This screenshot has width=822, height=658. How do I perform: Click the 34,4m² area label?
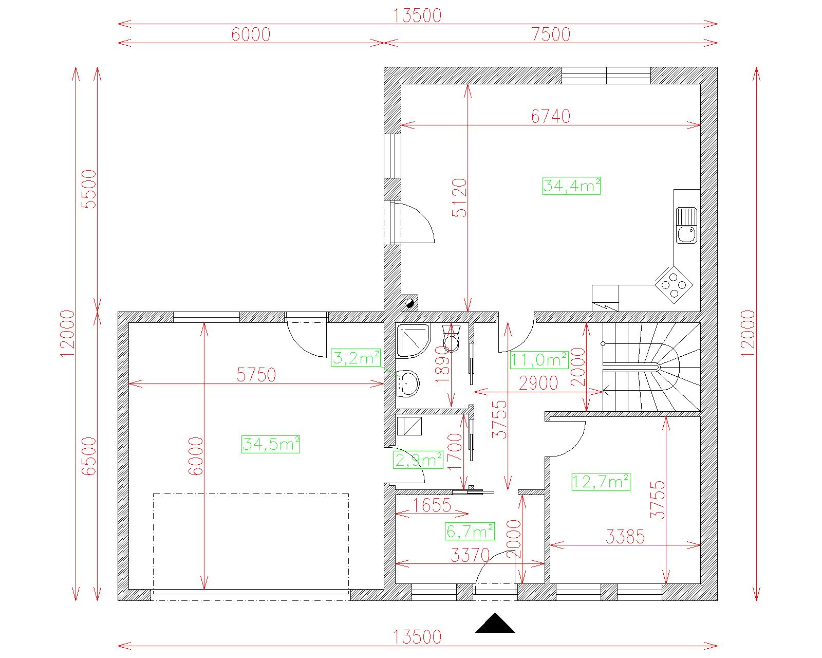pyautogui.click(x=571, y=186)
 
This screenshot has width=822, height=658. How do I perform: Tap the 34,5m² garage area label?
pyautogui.click(x=270, y=444)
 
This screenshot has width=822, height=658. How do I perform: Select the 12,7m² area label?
pyautogui.click(x=601, y=482)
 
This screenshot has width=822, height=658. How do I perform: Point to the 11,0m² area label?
pyautogui.click(x=539, y=360)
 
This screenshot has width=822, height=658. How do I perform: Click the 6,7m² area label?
pyautogui.click(x=470, y=532)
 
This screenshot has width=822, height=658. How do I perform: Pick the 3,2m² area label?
pyautogui.click(x=356, y=358)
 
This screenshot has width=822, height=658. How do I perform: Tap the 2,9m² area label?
pyautogui.click(x=418, y=460)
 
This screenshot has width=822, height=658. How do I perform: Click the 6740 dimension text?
pyautogui.click(x=551, y=116)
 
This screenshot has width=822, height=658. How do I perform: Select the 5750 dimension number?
pyautogui.click(x=256, y=375)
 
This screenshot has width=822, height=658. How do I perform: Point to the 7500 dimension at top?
pyautogui.click(x=551, y=34)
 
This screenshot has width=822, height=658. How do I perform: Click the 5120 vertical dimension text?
pyautogui.click(x=459, y=198)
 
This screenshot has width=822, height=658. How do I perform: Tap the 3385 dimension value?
pyautogui.click(x=625, y=537)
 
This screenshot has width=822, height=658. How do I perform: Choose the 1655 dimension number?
pyautogui.click(x=432, y=505)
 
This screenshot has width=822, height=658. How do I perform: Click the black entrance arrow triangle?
pyautogui.click(x=495, y=623)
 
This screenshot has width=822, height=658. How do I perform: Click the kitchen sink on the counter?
pyautogui.click(x=686, y=225)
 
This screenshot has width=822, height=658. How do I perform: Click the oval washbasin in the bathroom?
pyautogui.click(x=409, y=383)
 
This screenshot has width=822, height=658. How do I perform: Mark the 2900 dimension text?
pyautogui.click(x=538, y=383)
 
